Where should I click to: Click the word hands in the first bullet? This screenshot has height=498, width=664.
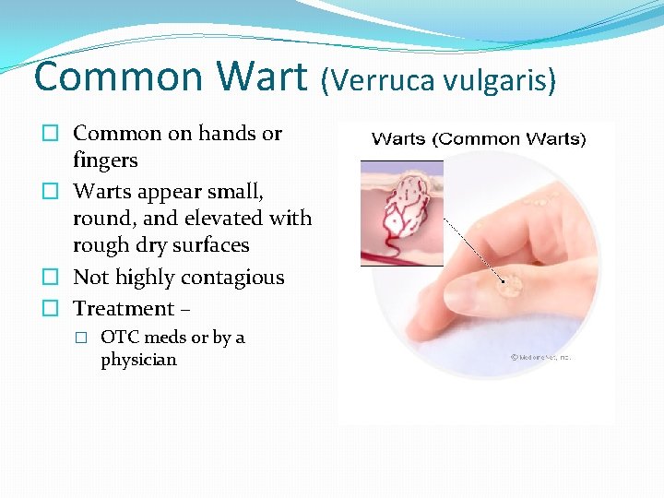click(x=227, y=133)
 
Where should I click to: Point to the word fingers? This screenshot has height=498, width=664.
click(x=105, y=160)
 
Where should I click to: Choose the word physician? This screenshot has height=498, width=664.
click(x=138, y=360)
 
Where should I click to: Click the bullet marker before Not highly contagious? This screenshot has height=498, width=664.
click(x=54, y=278)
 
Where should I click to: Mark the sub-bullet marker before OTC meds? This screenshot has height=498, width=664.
click(x=83, y=338)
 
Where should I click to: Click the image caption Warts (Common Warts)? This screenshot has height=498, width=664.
click(x=478, y=139)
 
